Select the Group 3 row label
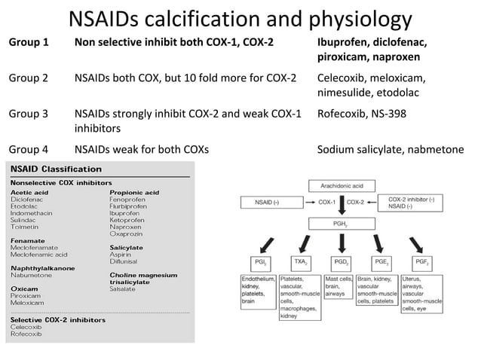28,114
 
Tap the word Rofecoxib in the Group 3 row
344,114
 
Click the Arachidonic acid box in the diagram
342,184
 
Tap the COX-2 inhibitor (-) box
411,202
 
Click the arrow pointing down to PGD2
342,243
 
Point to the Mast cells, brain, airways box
339,287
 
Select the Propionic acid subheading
134,193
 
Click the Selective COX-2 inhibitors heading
51,320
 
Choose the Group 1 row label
28,41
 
